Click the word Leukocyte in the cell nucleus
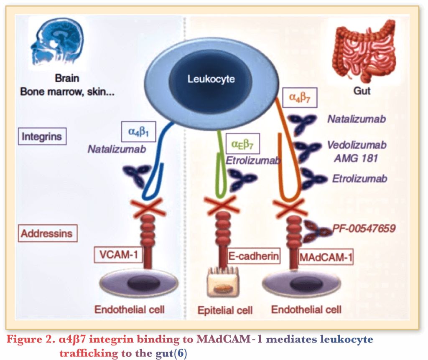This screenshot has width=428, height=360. click(211, 79)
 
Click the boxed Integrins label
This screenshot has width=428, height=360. click(42, 136)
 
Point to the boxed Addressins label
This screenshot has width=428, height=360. click(46, 233)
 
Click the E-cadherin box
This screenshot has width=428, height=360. click(254, 256)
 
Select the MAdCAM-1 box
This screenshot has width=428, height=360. click(326, 256)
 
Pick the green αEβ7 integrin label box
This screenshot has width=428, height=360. click(242, 145)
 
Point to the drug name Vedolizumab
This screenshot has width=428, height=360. click(357, 145)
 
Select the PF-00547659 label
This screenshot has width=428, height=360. click(364, 228)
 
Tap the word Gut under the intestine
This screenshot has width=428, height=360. click(362, 91)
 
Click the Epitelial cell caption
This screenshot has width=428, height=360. click(225, 310)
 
